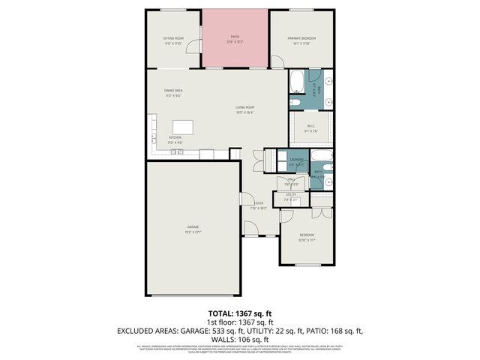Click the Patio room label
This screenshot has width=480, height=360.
(x=235, y=37)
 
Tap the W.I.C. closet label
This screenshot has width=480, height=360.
(x=310, y=129)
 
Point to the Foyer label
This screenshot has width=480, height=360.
(x=257, y=204)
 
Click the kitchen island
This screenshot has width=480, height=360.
(x=183, y=127)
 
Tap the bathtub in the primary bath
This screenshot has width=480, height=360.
(x=297, y=80)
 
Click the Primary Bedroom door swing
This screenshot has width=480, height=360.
(x=278, y=61)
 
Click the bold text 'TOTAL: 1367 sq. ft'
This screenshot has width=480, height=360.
(x=239, y=313)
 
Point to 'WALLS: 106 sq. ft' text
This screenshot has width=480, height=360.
(x=239, y=338)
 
